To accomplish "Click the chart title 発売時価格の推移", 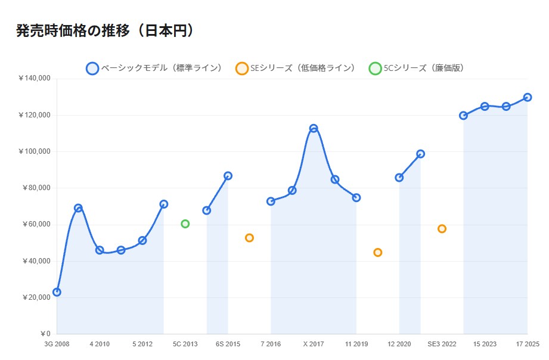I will coord(106,31).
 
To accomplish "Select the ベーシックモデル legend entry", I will coord(154,68).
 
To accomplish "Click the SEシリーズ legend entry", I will coord(296,68).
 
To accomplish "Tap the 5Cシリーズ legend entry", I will coord(417,68).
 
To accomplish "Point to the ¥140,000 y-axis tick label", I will coord(35,79).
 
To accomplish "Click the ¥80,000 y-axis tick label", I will coord(36,188).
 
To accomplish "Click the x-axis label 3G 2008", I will coord(57,345).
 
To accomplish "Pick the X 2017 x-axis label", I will coord(314,345).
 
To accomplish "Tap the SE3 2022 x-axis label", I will coord(442,345).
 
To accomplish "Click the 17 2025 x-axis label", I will coord(527,345).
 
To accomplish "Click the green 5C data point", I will coord(185,224).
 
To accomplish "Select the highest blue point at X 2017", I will coord(314,128).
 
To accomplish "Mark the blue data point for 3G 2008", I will coord(57,292).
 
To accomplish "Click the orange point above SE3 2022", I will coord(442,229).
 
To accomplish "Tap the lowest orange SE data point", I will coord(378,253).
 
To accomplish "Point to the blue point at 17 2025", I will coord(528,97).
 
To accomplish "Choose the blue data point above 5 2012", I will coord(142,240).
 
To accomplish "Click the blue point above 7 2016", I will coord(271,201).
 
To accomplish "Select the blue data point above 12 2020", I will coord(399,178).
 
